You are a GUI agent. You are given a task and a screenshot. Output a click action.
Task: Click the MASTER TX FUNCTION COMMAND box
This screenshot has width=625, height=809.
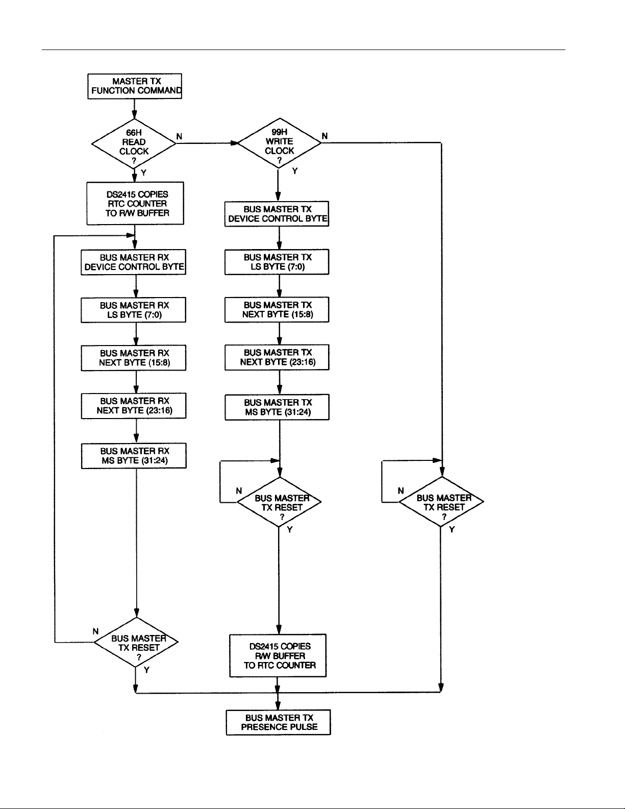tap(135, 86)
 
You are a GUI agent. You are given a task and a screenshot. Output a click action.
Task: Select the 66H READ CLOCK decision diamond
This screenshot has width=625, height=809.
tap(134, 144)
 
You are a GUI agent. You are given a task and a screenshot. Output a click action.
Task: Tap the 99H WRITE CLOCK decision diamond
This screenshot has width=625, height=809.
tap(280, 143)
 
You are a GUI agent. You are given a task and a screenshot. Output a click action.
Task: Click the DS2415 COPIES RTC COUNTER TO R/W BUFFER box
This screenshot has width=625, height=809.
tap(135, 203)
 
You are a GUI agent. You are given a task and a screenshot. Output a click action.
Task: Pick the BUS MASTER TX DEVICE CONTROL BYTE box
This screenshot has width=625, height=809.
tap(277, 214)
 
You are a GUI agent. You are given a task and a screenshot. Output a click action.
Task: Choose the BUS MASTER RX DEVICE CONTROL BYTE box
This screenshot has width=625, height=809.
tap(134, 262)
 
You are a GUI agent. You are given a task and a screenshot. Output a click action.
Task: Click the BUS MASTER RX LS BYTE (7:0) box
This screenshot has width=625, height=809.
tap(134, 310)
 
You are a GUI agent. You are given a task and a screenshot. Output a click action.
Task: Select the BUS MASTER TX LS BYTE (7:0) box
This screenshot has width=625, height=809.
tap(277, 262)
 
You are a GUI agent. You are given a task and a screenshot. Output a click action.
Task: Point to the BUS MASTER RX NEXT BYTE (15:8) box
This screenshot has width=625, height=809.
tap(134, 358)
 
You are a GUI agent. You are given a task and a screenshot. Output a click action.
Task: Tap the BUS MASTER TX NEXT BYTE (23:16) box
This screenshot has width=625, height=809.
tap(277, 357)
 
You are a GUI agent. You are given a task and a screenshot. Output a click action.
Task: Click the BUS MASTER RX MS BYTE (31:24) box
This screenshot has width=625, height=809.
tap(134, 456)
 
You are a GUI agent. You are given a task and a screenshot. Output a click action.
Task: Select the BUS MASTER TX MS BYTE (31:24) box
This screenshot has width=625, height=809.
tap(277, 407)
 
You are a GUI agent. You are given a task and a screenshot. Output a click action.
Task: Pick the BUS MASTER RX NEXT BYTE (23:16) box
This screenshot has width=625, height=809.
tap(134, 406)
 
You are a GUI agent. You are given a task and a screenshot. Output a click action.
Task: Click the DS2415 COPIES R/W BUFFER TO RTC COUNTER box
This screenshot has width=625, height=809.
tap(278, 655)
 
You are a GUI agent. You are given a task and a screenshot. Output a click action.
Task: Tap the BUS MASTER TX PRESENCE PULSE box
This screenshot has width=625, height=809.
tap(278, 722)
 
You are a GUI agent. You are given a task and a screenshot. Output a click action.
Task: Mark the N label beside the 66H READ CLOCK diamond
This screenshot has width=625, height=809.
tap(179, 137)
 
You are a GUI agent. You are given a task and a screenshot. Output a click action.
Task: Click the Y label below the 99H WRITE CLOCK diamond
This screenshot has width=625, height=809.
tap(295, 171)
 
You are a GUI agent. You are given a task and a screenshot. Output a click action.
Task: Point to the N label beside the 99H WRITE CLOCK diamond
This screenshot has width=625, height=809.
tap(324, 136)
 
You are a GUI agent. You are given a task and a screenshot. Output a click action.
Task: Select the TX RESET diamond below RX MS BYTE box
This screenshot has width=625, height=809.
tap(136, 642)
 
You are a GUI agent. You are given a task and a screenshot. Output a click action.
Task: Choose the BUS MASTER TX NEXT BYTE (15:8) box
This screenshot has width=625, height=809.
tap(277, 309)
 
